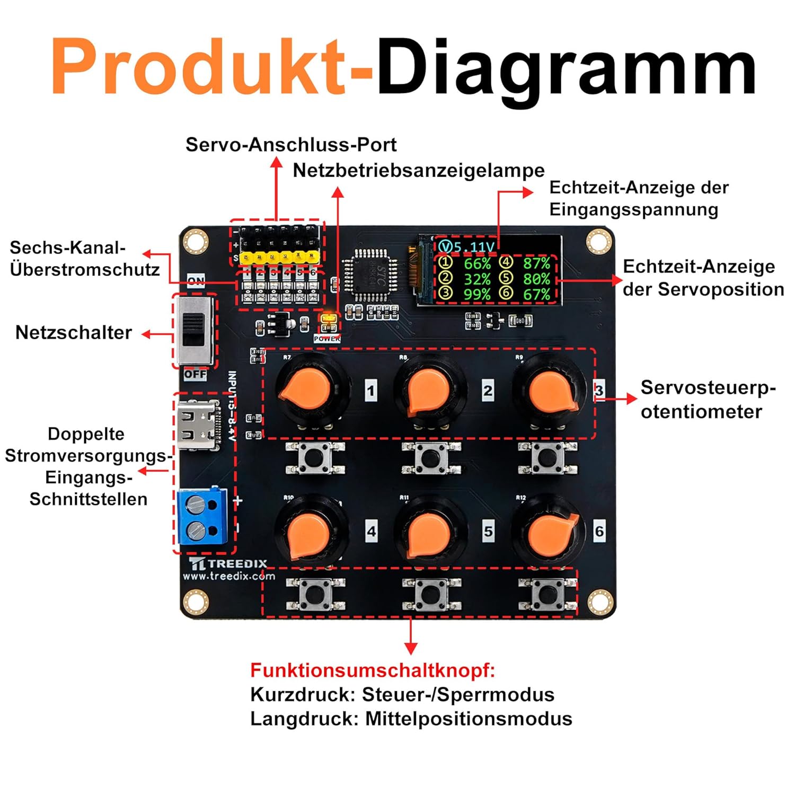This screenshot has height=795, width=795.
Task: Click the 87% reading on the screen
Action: coord(536,263)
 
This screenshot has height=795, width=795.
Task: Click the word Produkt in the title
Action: coord(199,68)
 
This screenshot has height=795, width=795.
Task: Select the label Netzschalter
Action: coord(74,332)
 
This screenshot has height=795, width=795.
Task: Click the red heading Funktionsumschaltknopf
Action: coord(373,670)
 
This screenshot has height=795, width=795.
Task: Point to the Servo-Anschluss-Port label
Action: coord(291,145)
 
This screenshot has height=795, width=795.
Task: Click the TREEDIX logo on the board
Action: coord(228,563)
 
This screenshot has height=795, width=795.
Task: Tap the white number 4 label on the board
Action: coord(372,531)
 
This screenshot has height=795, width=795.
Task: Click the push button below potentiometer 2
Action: coord(431,458)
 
